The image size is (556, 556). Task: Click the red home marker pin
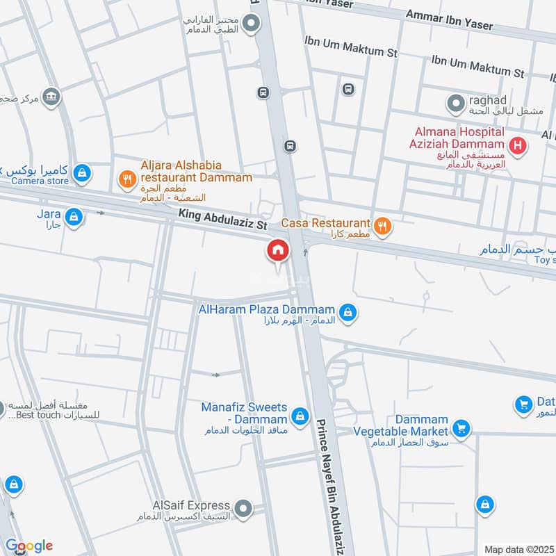pyautogui.click(x=278, y=251)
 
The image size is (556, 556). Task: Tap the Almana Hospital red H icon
pyautogui.click(x=517, y=146)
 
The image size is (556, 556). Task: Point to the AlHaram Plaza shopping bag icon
pyautogui.click(x=349, y=313)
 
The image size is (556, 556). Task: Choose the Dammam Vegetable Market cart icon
pyautogui.click(x=460, y=428)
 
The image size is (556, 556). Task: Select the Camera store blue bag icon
pyautogui.click(x=82, y=172)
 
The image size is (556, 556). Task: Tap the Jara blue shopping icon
pyautogui.click(x=75, y=218)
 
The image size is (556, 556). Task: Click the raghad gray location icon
pyautogui.click(x=455, y=104)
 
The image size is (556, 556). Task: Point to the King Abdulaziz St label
pyautogui.click(x=222, y=221)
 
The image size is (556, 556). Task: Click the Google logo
pyautogui.click(x=29, y=546)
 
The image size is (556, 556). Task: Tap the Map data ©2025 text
pyautogui.click(x=518, y=550)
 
